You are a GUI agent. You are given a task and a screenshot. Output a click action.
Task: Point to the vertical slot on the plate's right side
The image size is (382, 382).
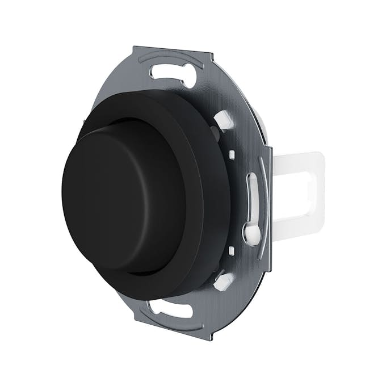pyautogui.click(x=253, y=196)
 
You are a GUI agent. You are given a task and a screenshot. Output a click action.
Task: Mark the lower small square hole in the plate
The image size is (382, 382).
pyautogui.click(x=232, y=250)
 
